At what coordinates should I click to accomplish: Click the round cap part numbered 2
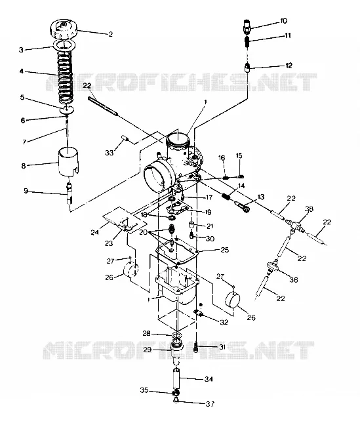(64, 29)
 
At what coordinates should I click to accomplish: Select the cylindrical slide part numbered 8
(69, 161)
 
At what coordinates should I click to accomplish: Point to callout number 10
(284, 21)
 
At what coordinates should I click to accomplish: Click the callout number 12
(289, 66)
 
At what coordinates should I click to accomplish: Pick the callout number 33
(110, 153)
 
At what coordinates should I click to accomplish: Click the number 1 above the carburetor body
(205, 102)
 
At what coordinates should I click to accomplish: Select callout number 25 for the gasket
(224, 250)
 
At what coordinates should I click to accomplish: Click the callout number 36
(293, 280)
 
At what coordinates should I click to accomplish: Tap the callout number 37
(210, 403)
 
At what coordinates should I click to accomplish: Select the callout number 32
(224, 322)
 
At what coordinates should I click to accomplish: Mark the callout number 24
(94, 232)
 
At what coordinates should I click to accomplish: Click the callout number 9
(26, 191)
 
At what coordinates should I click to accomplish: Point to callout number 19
(208, 212)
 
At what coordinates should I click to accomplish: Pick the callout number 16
(222, 158)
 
